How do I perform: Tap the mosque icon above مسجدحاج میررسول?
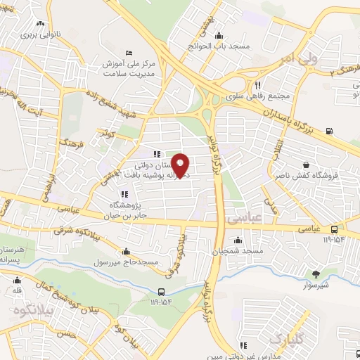click(126, 251)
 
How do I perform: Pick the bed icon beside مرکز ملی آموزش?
click(127, 53)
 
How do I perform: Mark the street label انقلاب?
click(278, 152)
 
